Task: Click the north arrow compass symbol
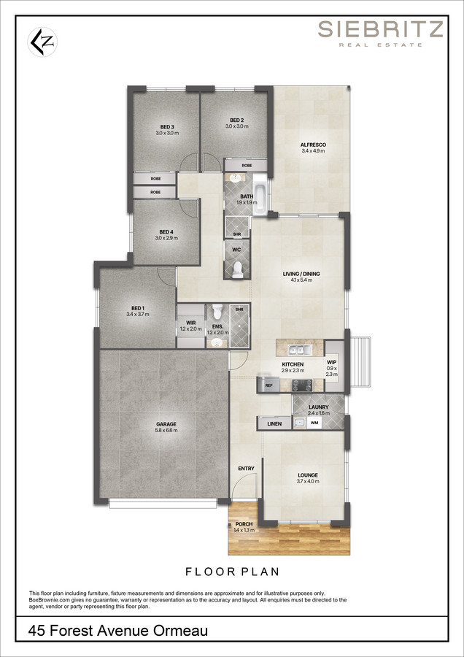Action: click(x=42, y=42)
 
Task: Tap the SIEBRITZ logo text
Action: click(x=380, y=29)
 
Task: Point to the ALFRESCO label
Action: click(x=313, y=145)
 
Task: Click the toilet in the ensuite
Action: click(x=217, y=311)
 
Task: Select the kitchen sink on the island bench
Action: click(x=300, y=349)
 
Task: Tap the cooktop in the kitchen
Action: click(x=302, y=385)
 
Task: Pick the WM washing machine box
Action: click(x=314, y=423)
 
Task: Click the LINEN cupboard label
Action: click(x=274, y=424)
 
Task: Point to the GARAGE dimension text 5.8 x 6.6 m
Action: click(x=167, y=430)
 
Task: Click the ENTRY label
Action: click(x=247, y=469)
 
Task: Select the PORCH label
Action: click(x=244, y=524)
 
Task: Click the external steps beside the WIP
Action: click(x=360, y=362)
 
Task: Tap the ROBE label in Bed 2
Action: click(x=247, y=166)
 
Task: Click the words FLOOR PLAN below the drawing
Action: click(x=233, y=572)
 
